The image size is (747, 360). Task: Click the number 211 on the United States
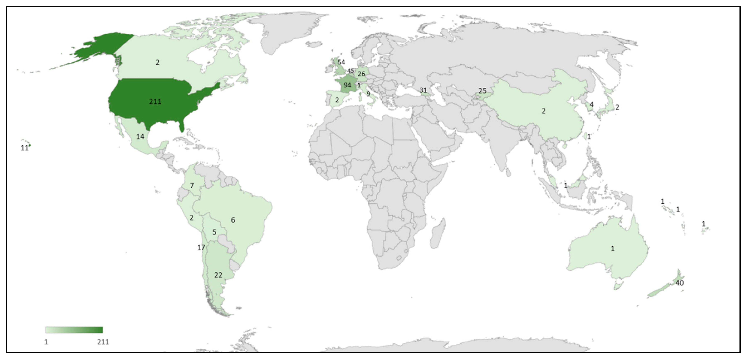pyautogui.click(x=155, y=101)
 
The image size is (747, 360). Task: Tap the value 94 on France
pyautogui.click(x=347, y=85)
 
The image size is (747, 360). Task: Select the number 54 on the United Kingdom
pyautogui.click(x=341, y=62)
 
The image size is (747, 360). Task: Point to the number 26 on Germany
pyautogui.click(x=361, y=74)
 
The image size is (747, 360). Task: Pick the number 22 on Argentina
pyautogui.click(x=218, y=275)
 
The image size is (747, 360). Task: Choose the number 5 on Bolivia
pyautogui.click(x=214, y=232)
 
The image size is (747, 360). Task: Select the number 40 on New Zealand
pyautogui.click(x=679, y=283)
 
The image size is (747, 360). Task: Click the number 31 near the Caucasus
pyautogui.click(x=423, y=90)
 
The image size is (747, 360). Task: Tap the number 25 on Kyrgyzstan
pyautogui.click(x=482, y=91)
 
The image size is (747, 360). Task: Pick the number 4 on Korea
pyautogui.click(x=592, y=104)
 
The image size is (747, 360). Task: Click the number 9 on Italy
pyautogui.click(x=368, y=94)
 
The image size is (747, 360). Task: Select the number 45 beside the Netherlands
pyautogui.click(x=351, y=71)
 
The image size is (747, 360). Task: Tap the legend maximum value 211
pyautogui.click(x=103, y=342)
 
